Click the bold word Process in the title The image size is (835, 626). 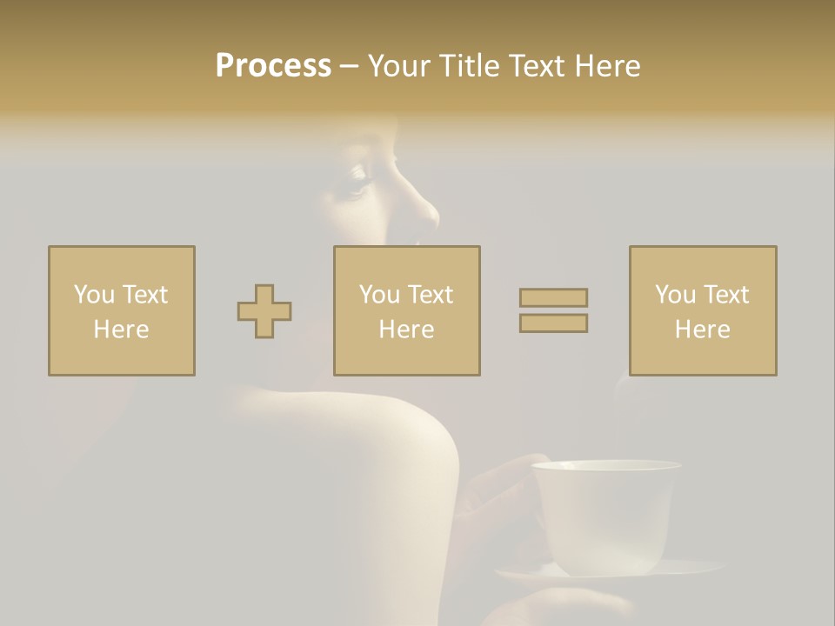tap(273, 66)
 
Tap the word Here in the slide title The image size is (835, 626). tap(607, 66)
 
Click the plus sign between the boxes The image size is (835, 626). tap(264, 311)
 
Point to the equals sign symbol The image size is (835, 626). tap(553, 310)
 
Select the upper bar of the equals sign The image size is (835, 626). tap(553, 298)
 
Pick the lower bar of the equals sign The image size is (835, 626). tap(553, 323)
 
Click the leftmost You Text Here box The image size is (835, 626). tap(122, 310)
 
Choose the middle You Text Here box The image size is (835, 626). tap(406, 310)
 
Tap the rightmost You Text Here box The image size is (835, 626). tap(702, 310)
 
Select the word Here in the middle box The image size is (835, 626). tap(406, 330)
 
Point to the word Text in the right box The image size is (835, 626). tap(726, 295)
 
